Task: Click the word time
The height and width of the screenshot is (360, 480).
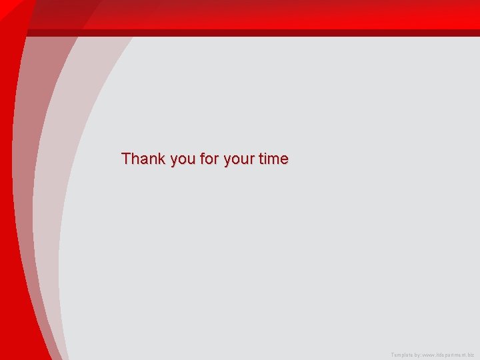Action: click(273, 159)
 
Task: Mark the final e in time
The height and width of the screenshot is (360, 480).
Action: click(285, 160)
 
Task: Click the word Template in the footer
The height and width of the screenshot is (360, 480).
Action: click(402, 355)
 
